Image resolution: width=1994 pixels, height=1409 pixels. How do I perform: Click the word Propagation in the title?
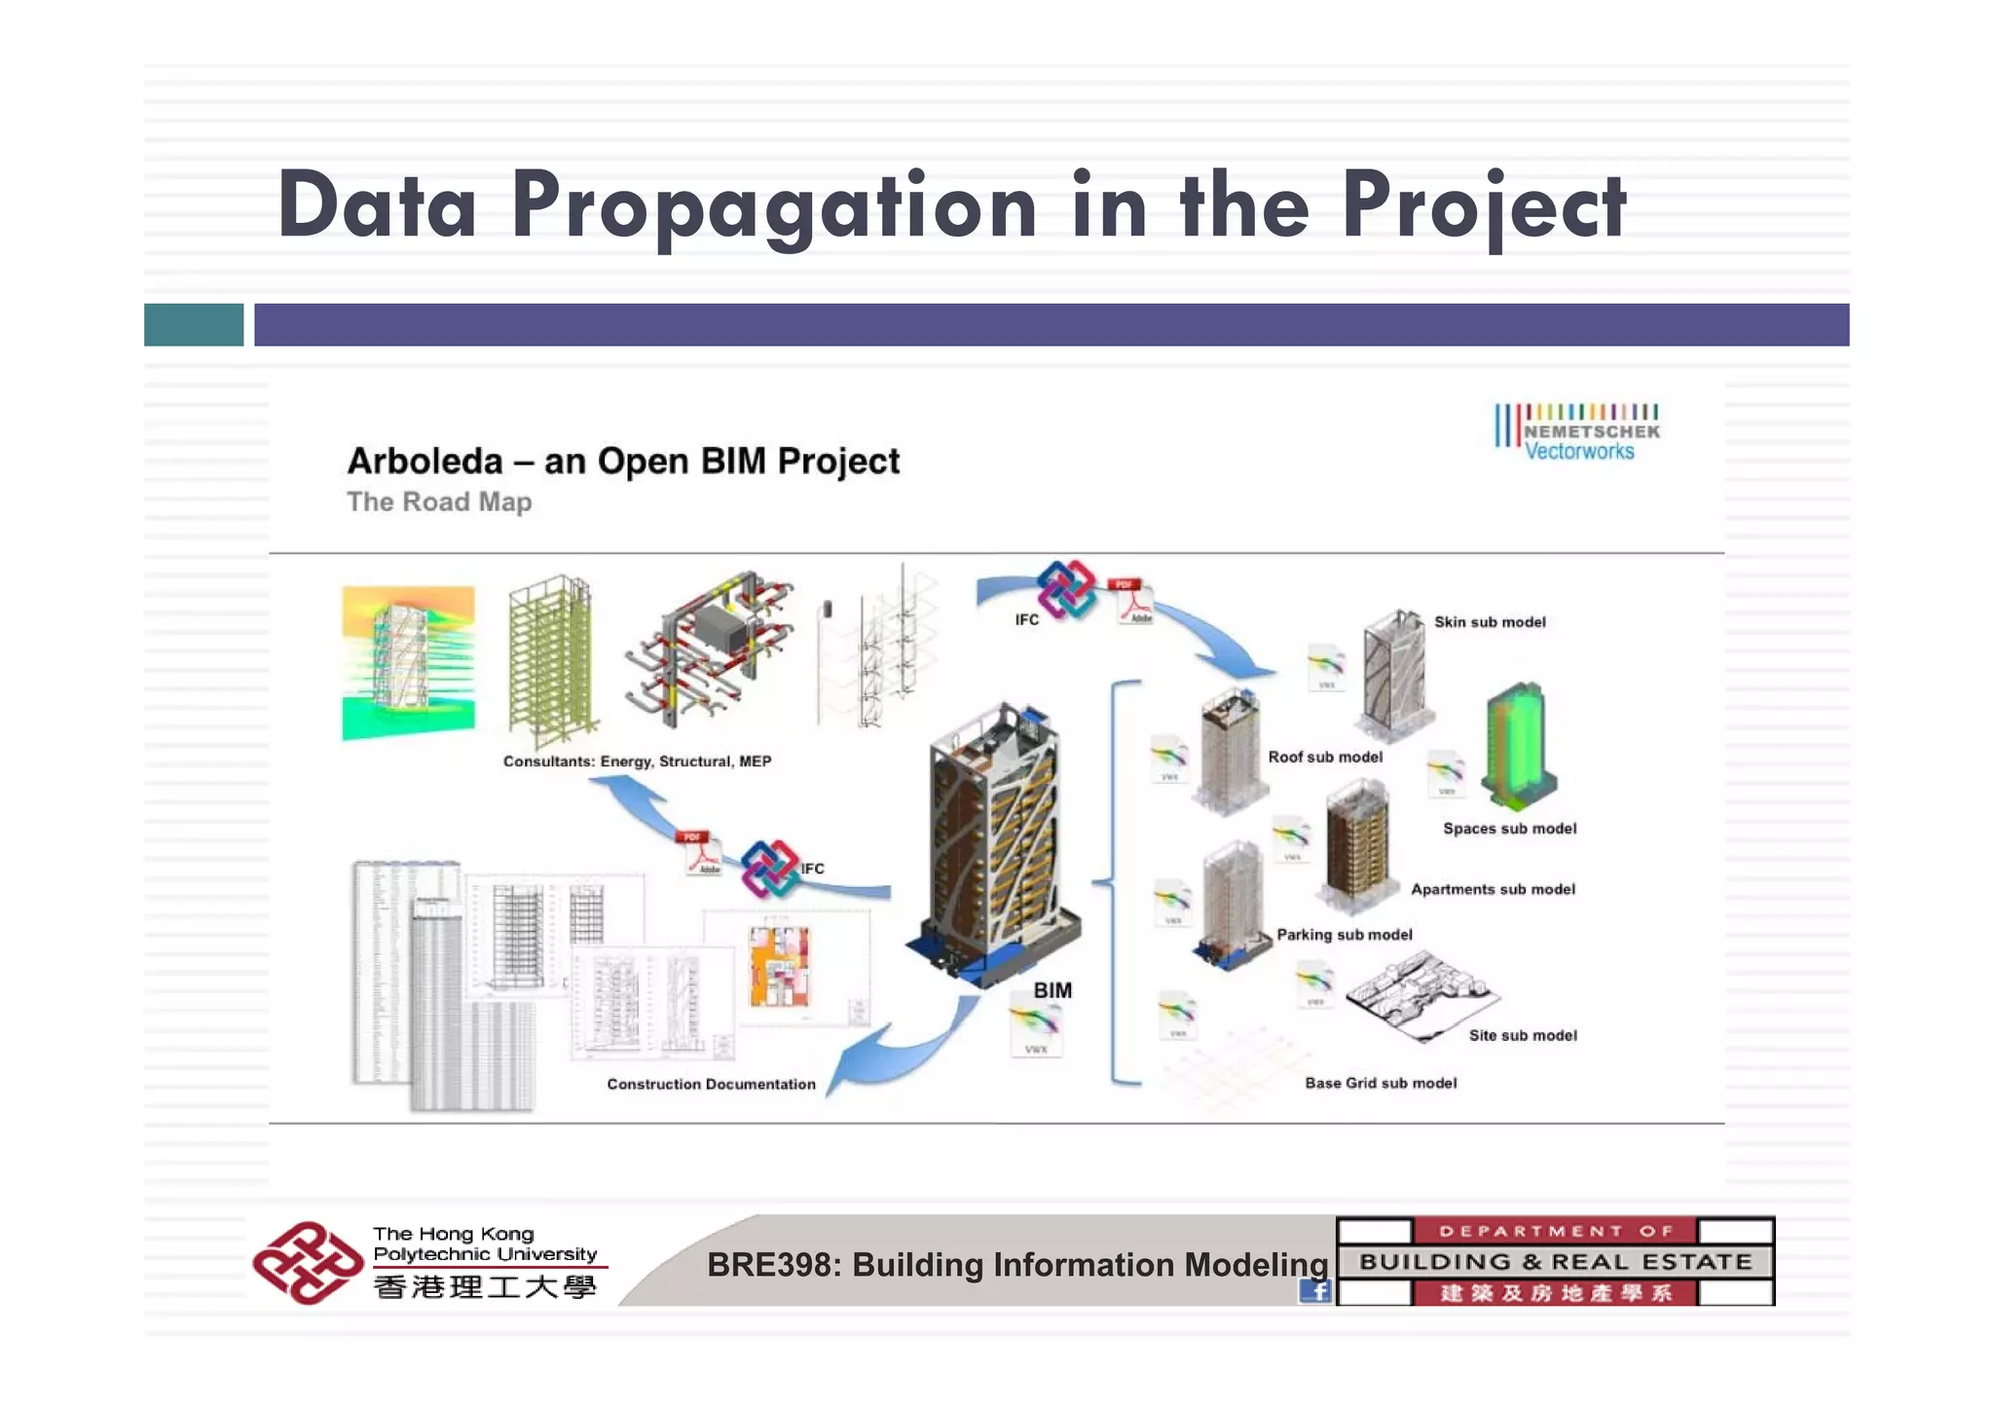774,205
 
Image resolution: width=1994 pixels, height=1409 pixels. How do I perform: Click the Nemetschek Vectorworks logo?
1576,431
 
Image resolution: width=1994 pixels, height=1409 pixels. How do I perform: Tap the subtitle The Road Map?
439,502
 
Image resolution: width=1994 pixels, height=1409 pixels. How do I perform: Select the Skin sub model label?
1489,622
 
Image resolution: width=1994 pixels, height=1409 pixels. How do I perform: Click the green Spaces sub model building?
1517,744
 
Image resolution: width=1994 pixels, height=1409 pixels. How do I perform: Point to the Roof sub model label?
1324,758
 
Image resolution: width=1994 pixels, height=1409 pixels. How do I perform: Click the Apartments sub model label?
1492,889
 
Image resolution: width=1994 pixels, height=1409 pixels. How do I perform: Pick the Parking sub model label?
1344,935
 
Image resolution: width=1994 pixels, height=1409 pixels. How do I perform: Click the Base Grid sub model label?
1380,1083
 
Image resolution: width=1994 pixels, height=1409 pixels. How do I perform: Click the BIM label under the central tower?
1052,990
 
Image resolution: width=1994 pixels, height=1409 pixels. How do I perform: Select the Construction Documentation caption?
711,1084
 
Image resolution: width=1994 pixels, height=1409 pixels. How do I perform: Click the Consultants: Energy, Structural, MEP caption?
637,761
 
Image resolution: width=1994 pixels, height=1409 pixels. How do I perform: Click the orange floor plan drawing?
778,966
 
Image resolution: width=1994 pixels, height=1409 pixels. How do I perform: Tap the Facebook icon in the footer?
1314,1291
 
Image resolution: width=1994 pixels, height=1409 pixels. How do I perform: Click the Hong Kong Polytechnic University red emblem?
307,1263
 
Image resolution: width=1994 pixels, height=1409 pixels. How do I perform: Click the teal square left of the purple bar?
194,324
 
